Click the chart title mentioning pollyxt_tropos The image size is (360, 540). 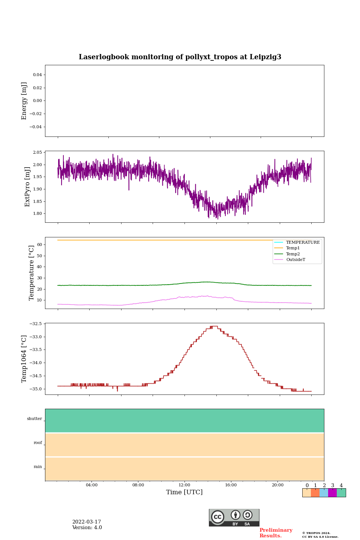[x=180, y=57]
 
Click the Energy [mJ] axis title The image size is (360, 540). [x=24, y=101]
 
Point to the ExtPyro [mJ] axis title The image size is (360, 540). [x=27, y=187]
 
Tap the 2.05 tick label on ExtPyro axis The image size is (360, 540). [x=37, y=152]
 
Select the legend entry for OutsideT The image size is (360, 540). [x=295, y=259]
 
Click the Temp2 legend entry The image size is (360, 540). [x=293, y=254]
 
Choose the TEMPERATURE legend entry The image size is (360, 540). [x=303, y=243]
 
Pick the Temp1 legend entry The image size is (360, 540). [x=293, y=248]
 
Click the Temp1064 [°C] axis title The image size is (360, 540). [x=24, y=359]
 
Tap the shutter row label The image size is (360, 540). [x=34, y=419]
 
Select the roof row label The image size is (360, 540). [x=38, y=443]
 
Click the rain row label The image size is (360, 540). [x=38, y=467]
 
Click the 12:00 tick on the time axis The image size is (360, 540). [x=184, y=485]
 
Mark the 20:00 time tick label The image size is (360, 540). [x=277, y=485]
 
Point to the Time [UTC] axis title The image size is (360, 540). [x=184, y=492]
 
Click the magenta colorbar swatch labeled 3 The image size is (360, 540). [x=332, y=493]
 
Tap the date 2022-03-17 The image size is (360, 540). [x=87, y=522]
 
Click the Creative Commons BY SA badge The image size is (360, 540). [x=234, y=517]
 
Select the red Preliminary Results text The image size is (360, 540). [x=276, y=533]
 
